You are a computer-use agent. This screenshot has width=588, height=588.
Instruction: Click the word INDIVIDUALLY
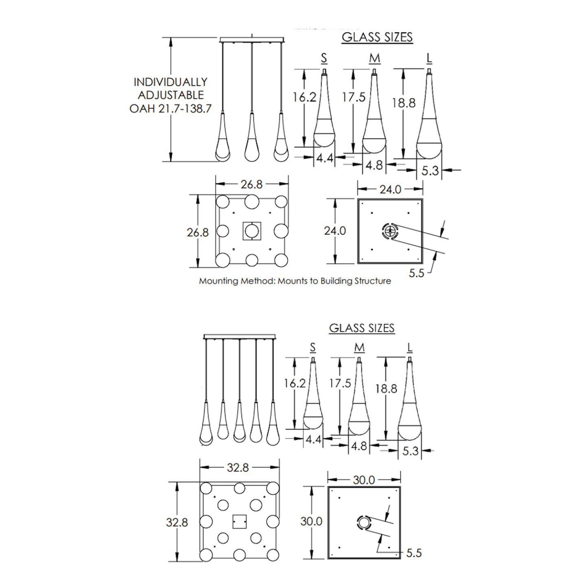coord(170,82)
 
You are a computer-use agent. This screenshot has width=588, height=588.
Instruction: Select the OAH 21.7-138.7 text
coord(170,109)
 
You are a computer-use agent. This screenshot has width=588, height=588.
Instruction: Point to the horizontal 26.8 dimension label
coord(251,184)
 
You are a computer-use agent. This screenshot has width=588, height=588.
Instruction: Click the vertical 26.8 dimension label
coord(198,232)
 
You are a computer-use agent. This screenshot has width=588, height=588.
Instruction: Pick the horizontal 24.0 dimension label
coord(390,190)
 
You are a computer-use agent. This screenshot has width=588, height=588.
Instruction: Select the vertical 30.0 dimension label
coord(311,521)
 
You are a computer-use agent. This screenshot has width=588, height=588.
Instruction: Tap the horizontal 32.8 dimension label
coord(238,468)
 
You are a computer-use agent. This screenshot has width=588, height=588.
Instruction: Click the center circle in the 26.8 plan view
coord(252,231)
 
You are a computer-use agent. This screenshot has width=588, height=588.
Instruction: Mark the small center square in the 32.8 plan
coord(239,521)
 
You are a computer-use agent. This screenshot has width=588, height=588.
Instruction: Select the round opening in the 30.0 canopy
coord(364,522)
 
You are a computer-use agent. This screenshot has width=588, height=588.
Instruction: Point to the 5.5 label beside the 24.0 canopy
coord(416,273)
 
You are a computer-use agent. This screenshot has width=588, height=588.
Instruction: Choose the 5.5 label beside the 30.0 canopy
coord(413,553)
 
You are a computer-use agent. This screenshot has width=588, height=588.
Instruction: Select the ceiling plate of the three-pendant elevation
coord(252,40)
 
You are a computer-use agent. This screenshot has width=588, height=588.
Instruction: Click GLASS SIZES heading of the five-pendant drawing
coord(362,328)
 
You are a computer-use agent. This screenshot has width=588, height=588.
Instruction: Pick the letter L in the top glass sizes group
coord(429,59)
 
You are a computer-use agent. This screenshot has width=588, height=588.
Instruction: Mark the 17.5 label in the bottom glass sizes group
coord(340,383)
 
